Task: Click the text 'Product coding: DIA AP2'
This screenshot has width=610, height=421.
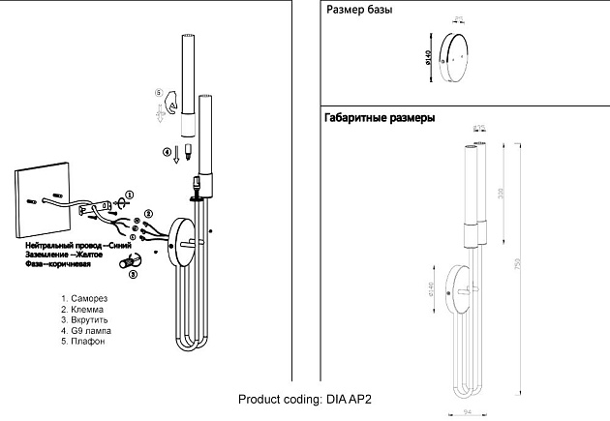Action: [305, 398]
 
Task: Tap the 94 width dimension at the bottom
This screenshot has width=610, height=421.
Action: [467, 410]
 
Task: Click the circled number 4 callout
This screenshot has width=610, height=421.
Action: [166, 152]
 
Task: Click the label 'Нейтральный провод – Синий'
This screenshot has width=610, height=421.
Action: [78, 247]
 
